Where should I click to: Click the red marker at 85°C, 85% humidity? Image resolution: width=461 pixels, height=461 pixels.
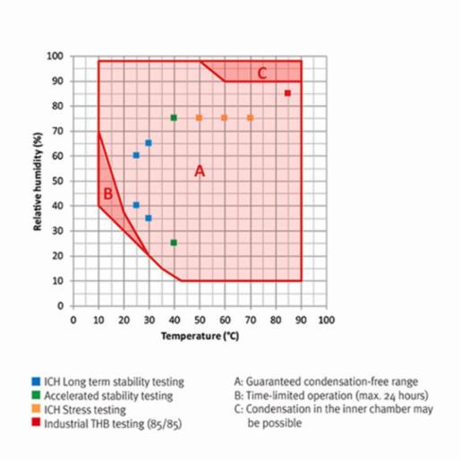click(x=287, y=93)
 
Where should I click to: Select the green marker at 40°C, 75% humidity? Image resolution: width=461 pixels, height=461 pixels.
click(x=174, y=118)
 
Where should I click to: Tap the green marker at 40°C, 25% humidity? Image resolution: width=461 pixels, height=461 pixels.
click(x=174, y=243)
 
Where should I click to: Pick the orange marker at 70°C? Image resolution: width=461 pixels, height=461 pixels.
click(x=250, y=118)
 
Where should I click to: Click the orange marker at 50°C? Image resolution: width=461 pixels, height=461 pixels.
click(x=199, y=118)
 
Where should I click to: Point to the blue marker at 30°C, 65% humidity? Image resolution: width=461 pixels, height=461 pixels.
click(x=149, y=143)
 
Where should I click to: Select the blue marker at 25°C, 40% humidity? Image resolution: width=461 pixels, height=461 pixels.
click(x=136, y=205)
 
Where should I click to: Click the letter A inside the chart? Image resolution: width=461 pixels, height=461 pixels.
click(x=200, y=171)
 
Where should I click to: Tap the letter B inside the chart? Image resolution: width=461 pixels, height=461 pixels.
click(x=107, y=193)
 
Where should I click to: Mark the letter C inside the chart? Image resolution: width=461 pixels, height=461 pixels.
click(x=262, y=73)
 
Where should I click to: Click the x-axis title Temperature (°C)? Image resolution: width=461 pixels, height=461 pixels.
click(x=198, y=337)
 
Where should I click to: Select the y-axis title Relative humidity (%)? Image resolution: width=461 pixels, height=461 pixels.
click(x=39, y=179)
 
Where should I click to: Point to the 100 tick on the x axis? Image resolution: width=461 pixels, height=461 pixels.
click(x=326, y=320)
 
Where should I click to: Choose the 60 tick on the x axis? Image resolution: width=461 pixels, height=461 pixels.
click(x=225, y=320)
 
